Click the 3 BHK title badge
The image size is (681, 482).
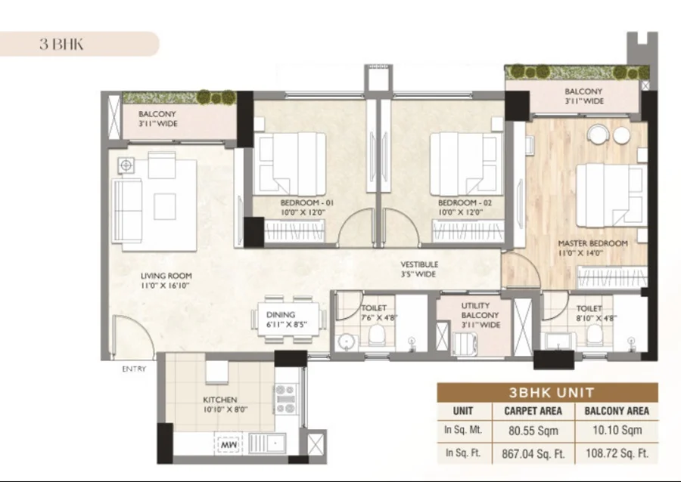click(79, 44)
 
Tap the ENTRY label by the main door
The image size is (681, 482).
click(134, 369)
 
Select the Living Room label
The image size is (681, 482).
click(166, 280)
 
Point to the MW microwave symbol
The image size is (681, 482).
click(229, 444)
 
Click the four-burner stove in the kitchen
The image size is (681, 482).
click(286, 399)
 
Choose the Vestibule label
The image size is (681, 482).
click(419, 269)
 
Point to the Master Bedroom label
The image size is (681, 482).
click(592, 248)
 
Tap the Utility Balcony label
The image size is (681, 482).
click(480, 315)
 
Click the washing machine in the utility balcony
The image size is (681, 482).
click(465, 345)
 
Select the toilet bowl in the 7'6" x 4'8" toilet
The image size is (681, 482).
click(377, 335)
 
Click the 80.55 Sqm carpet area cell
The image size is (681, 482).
click(533, 431)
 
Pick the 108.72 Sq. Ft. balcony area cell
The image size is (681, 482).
click(617, 453)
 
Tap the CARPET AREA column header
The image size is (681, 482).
click(533, 411)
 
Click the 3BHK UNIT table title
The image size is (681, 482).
click(552, 393)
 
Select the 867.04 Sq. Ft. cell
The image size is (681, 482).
click(533, 454)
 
